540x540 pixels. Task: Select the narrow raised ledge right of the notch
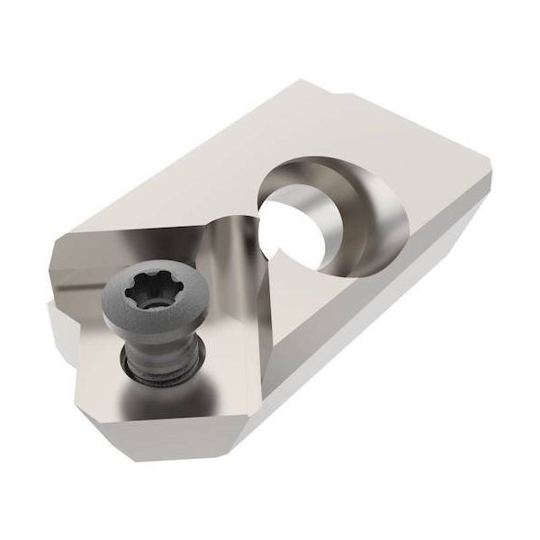pyautogui.click(x=405, y=108)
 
